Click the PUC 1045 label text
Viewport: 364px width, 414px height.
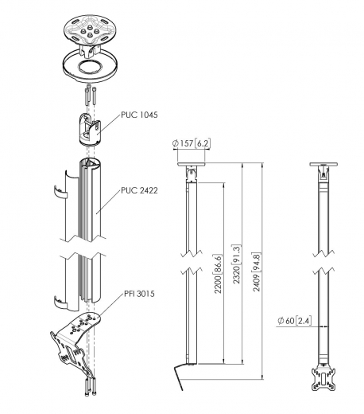click(x=139, y=115)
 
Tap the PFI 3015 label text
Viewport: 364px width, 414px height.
click(x=138, y=294)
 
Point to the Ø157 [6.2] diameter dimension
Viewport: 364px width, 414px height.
click(x=190, y=143)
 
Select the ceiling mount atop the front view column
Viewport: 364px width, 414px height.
click(x=324, y=172)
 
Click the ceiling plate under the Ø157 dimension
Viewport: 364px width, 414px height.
click(x=190, y=163)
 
